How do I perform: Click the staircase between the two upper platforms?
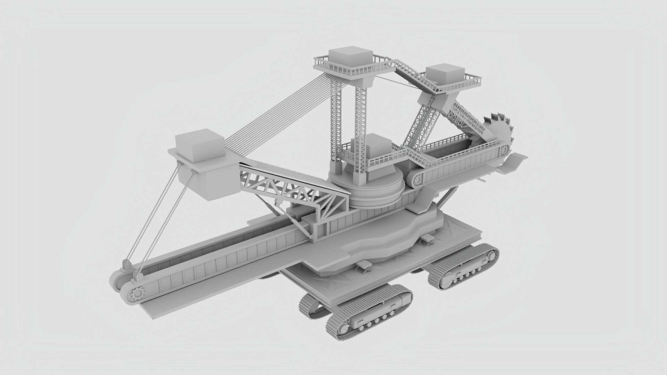tap(413, 75)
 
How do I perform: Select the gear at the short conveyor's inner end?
tap(417, 179)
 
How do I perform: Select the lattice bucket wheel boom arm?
tap(466, 120)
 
